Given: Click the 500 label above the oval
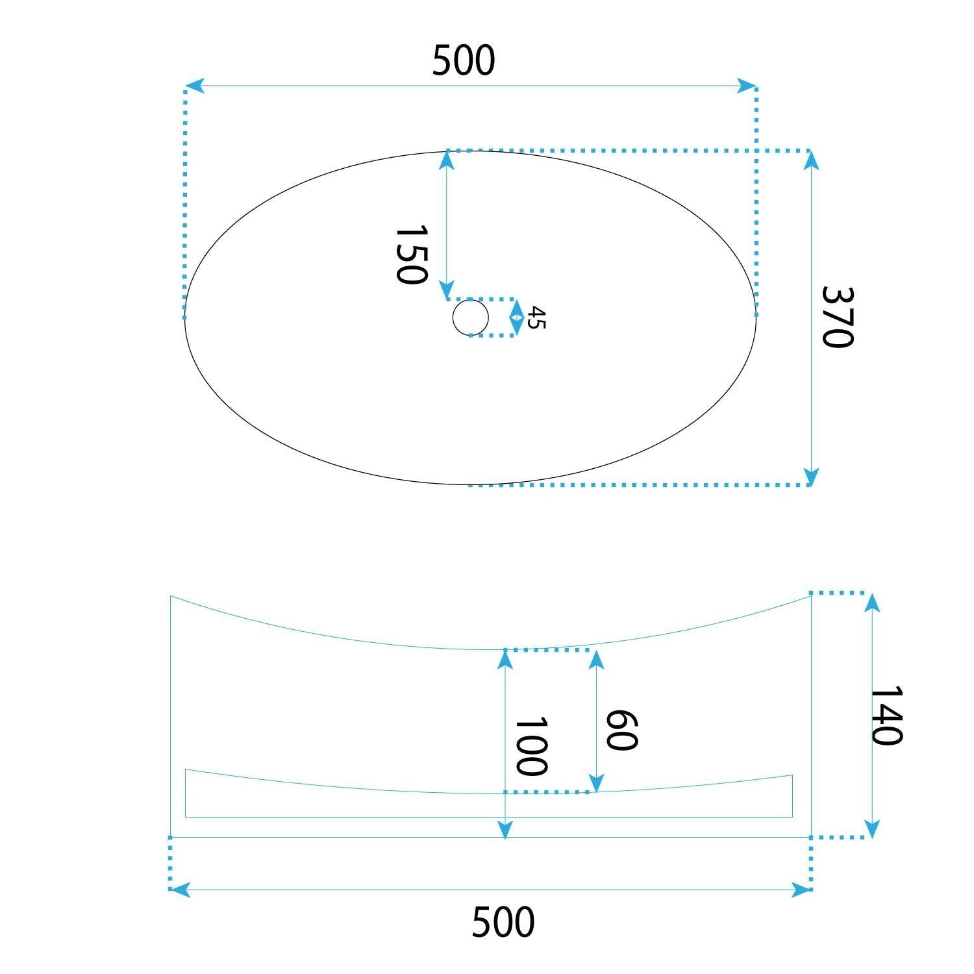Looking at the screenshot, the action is tap(464, 60).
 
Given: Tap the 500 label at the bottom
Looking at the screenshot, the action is tap(503, 922).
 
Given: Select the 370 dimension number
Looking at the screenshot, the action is tap(837, 317).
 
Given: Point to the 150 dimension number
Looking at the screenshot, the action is tap(412, 255).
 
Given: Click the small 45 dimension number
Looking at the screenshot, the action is tap(536, 318).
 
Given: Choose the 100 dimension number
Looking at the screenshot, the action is tap(531, 746).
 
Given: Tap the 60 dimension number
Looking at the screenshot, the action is tap(621, 730).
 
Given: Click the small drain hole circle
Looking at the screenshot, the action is tap(470, 318).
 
